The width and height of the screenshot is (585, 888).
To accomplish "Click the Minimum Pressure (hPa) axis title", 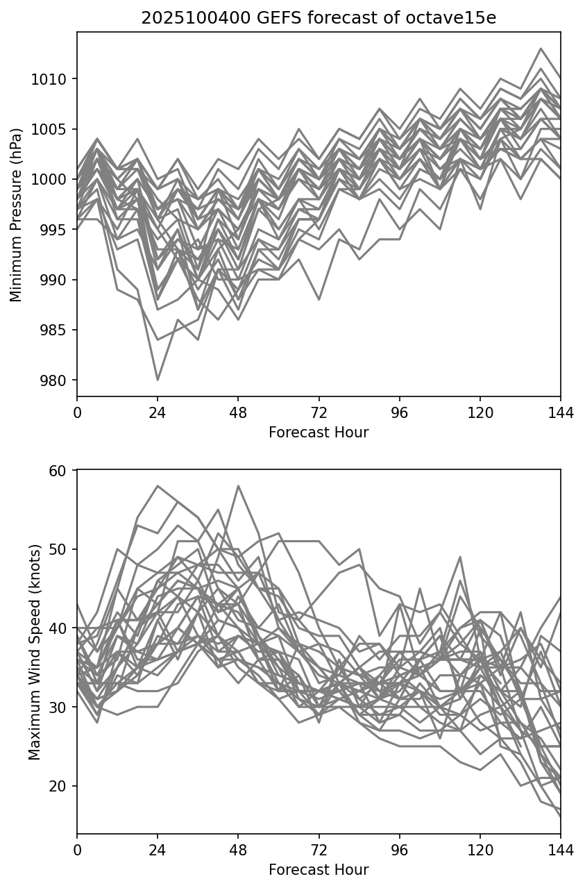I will [17, 214].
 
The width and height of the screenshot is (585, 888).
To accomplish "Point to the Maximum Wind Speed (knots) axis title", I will [35, 651].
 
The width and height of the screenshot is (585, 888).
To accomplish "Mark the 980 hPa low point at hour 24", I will [158, 380].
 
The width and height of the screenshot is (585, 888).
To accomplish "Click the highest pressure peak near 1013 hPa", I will [541, 49].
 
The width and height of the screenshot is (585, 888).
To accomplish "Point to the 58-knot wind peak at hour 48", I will [238, 486].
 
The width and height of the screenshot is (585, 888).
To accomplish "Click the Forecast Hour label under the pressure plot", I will [319, 433].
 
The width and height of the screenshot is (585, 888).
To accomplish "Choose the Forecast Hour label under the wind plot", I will [319, 870].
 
